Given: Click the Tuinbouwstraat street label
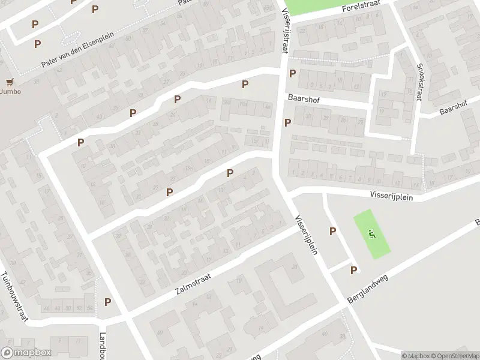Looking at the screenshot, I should tap(14, 297).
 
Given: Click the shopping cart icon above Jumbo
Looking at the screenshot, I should tap(9, 82).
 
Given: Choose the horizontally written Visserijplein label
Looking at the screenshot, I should tap(395, 195).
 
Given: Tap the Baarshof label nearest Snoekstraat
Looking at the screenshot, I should tap(453, 110).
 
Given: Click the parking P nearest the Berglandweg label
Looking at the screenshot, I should tap(353, 271).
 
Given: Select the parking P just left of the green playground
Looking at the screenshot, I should tap(332, 231).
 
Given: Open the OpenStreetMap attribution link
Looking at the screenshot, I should tap(451, 356).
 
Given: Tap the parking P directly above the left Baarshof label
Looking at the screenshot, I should tap(292, 74).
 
